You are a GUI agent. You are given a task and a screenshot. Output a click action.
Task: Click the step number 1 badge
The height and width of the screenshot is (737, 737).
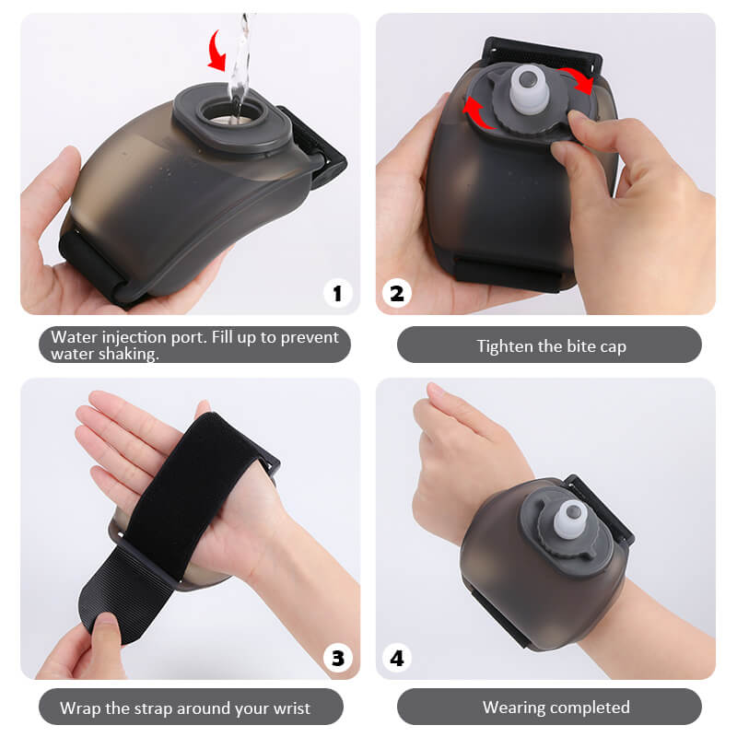[x=336, y=293]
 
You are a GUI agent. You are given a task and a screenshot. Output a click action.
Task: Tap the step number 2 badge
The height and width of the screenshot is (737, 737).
[x=397, y=293]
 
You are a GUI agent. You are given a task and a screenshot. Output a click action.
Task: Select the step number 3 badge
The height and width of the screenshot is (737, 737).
[x=336, y=658]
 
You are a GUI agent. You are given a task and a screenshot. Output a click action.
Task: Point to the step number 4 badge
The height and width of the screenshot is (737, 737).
[x=397, y=658]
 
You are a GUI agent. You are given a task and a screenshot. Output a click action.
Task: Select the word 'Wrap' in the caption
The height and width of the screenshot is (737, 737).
[x=79, y=708]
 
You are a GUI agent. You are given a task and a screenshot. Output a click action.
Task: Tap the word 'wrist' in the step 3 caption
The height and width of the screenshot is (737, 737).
[x=288, y=708]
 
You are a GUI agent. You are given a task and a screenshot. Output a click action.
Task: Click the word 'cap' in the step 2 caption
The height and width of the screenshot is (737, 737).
[x=612, y=346]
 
